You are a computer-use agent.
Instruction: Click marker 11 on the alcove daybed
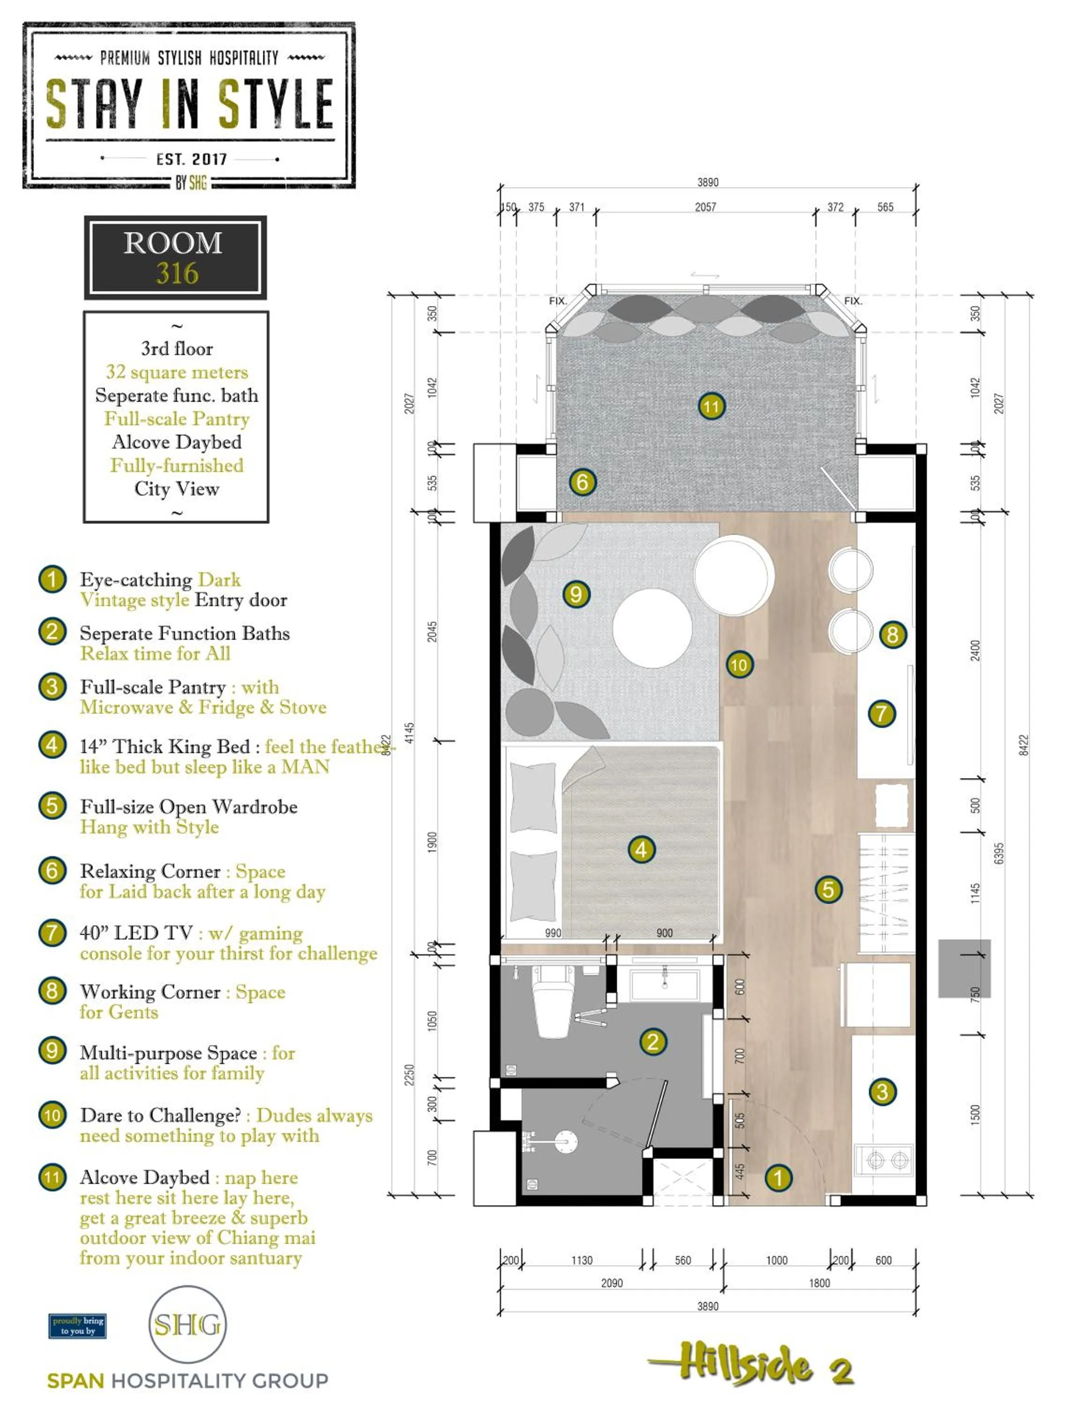(711, 406)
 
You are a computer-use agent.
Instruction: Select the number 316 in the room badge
(177, 274)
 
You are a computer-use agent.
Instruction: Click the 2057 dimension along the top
(705, 207)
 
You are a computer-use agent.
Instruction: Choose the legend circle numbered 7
(52, 932)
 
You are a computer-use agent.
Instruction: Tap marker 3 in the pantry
(882, 1091)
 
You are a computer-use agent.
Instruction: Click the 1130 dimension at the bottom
(581, 1260)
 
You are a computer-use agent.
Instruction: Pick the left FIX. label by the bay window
(558, 301)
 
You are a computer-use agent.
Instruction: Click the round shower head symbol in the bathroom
(566, 1142)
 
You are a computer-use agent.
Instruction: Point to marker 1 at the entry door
(778, 1178)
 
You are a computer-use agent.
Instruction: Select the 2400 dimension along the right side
(976, 650)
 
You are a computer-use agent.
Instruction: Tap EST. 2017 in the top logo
(191, 159)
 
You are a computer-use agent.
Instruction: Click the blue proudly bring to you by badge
(77, 1326)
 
